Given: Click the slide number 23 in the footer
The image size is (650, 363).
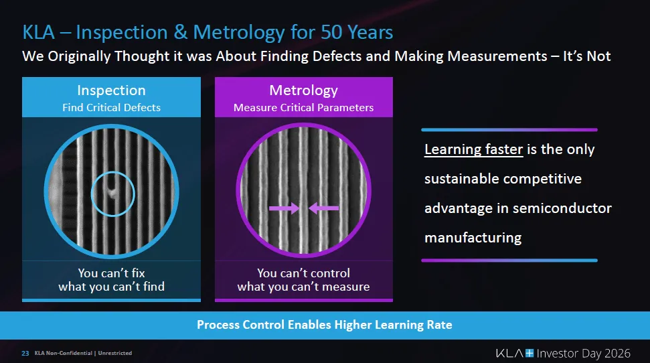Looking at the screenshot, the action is (x=25, y=353).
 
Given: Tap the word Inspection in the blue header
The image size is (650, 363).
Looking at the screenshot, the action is (x=112, y=90).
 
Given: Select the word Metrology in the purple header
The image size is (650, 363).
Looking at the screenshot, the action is (x=303, y=90).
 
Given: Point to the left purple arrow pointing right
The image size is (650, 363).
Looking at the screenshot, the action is (x=284, y=208).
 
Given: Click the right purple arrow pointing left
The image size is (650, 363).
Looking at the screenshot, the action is (x=324, y=208).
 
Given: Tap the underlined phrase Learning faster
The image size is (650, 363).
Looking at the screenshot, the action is (x=473, y=149).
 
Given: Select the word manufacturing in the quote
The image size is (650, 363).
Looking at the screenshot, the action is (x=473, y=238).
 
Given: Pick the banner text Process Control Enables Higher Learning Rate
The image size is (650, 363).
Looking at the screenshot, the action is (x=325, y=324).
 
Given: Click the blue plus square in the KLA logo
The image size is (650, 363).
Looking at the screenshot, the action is (x=530, y=353).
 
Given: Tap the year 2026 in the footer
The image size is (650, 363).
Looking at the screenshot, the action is (x=617, y=354).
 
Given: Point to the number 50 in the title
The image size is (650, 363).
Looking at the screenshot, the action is (x=331, y=32).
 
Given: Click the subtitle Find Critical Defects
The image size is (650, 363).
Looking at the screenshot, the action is (x=112, y=107).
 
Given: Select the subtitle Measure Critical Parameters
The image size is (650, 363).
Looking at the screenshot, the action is (x=303, y=107).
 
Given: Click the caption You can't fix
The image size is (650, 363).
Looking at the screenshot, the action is (x=112, y=273).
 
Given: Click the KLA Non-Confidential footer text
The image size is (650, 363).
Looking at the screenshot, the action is (x=64, y=353).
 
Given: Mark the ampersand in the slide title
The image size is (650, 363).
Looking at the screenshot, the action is (x=180, y=32).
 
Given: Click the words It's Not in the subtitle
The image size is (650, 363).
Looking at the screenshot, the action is (x=586, y=56).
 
